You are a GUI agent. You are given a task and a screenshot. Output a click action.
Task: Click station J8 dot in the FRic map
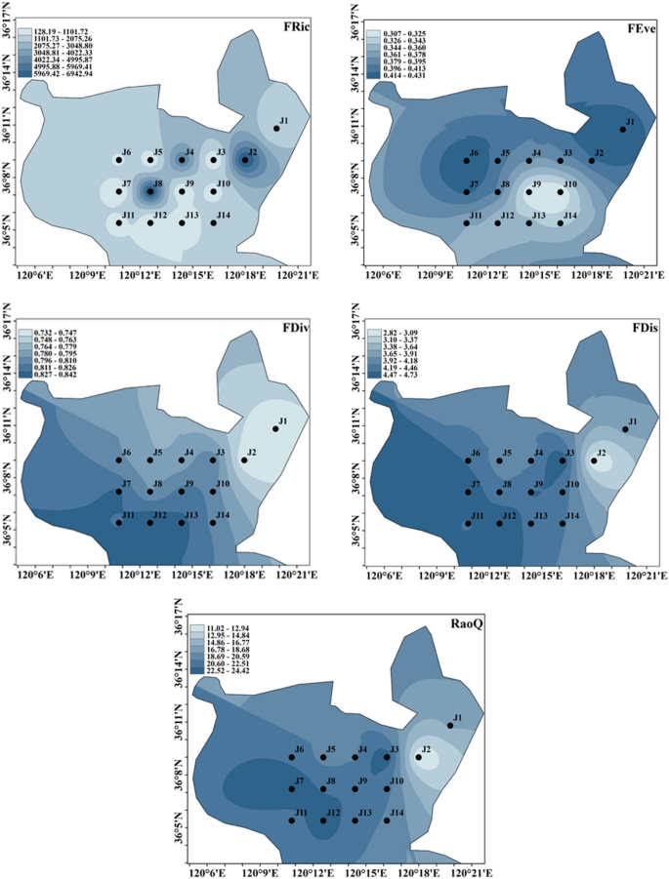150,191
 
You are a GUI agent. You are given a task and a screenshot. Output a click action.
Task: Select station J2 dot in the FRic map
245,160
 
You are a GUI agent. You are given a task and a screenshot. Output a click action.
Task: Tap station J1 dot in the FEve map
623,129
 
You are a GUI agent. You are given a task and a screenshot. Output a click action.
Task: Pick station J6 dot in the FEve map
467,160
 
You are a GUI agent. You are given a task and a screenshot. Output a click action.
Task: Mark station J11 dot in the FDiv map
119,523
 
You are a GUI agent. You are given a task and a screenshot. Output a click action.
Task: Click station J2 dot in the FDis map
593,460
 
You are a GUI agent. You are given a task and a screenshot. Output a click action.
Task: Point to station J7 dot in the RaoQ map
292,788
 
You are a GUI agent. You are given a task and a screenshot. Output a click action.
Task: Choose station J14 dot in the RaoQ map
387,820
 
